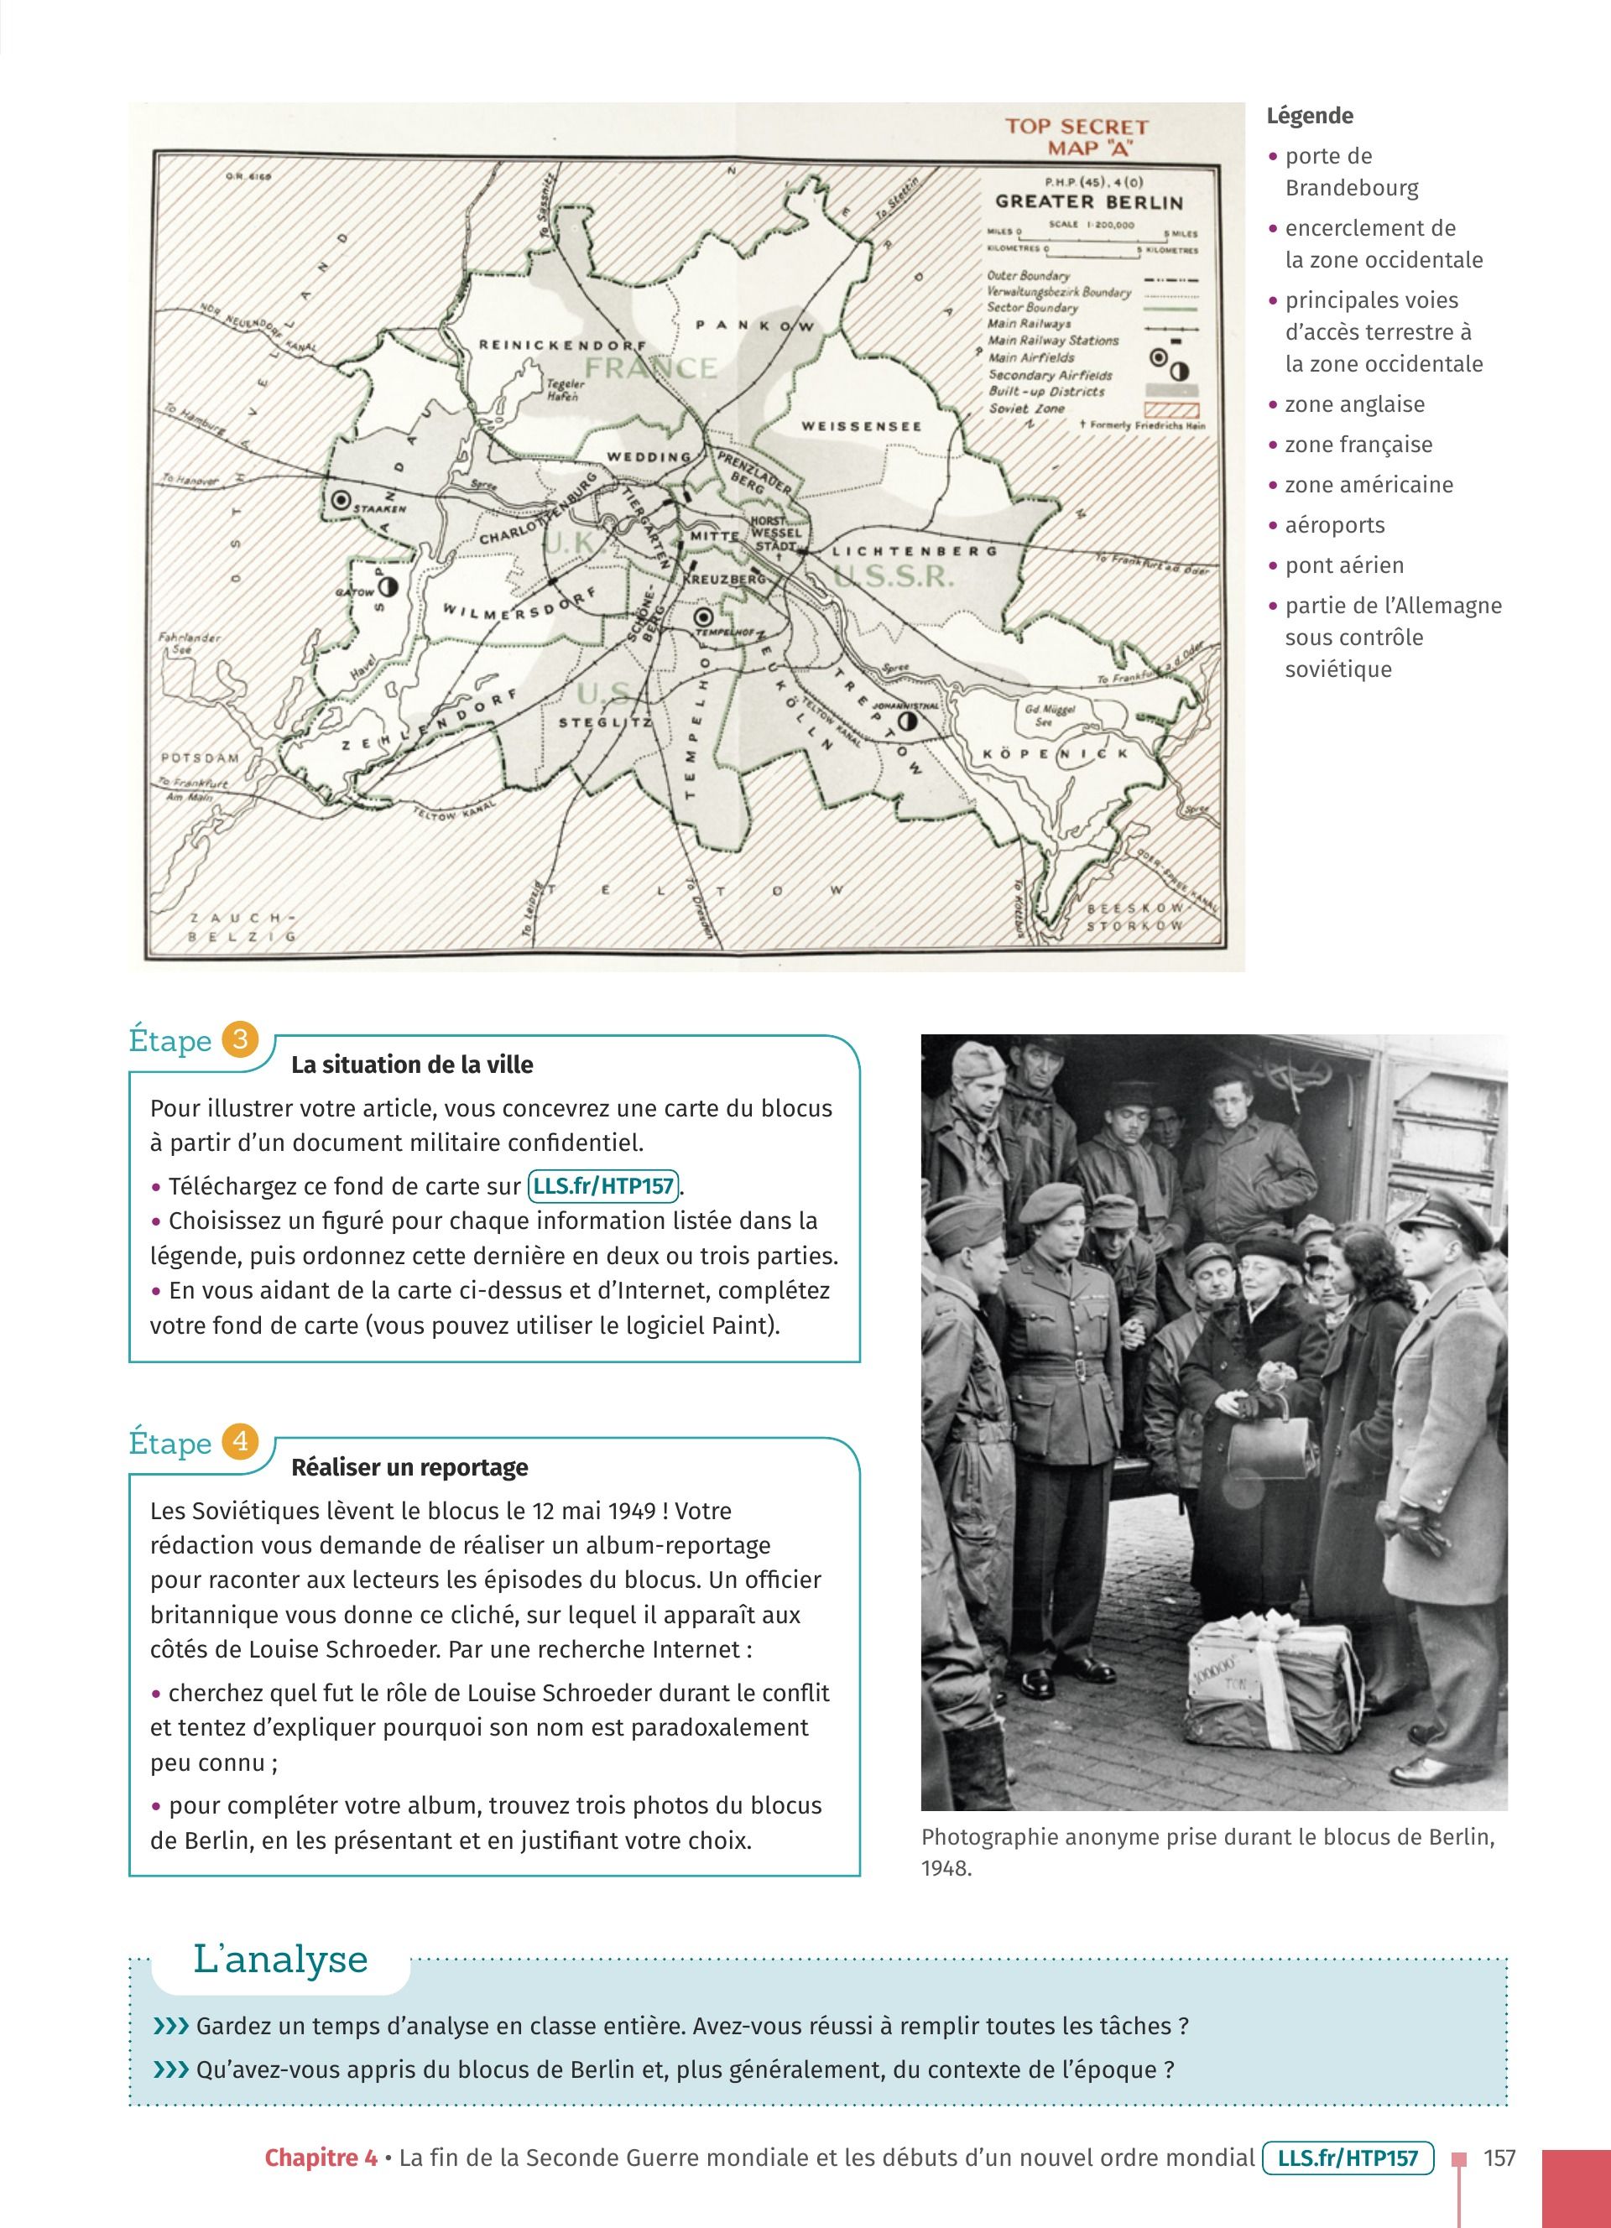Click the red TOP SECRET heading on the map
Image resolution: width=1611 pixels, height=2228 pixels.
click(1076, 127)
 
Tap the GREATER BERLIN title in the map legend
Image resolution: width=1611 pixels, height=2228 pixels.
click(1088, 202)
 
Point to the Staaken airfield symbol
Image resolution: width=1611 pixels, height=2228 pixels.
click(341, 500)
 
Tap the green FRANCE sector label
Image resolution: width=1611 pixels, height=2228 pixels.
click(650, 367)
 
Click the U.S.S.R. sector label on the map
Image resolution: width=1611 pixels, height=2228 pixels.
click(893, 576)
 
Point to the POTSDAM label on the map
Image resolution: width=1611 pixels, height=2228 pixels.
click(200, 758)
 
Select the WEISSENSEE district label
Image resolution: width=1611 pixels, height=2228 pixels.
click(862, 426)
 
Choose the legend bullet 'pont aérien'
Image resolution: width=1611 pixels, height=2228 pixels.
click(1344, 566)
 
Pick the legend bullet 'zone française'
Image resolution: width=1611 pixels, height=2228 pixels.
click(1358, 445)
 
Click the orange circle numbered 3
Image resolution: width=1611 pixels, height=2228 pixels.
click(240, 1039)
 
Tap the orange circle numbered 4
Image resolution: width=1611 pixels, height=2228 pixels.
click(240, 1442)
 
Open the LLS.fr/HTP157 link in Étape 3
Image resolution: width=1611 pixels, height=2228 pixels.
click(603, 1187)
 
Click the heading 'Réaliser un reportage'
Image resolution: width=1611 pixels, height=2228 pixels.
click(409, 1468)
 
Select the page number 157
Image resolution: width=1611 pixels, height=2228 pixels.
click(1499, 2158)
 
